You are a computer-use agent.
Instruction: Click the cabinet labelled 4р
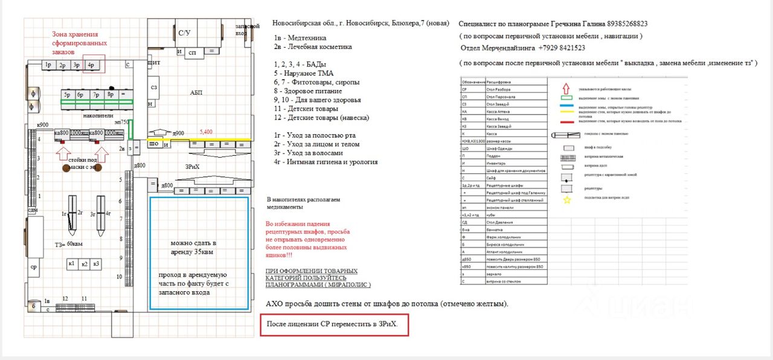click(91, 65)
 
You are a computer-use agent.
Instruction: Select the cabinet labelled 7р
click(96, 95)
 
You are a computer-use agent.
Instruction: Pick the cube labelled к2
click(85, 263)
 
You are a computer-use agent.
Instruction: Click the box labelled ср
click(34, 266)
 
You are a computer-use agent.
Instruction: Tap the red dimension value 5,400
click(206, 131)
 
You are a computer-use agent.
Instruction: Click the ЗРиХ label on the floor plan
click(192, 166)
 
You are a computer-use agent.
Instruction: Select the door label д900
click(178, 133)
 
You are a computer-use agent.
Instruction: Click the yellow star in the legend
click(566, 200)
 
